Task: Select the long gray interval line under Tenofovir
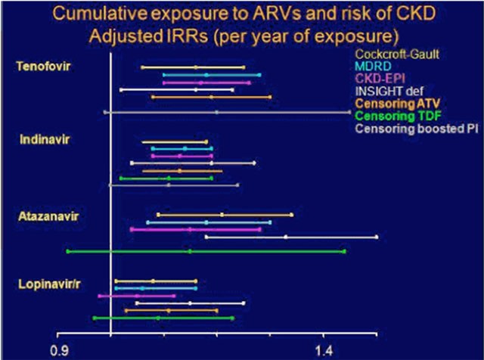click(x=227, y=112)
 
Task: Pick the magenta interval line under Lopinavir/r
click(x=137, y=296)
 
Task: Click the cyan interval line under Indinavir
click(x=181, y=149)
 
